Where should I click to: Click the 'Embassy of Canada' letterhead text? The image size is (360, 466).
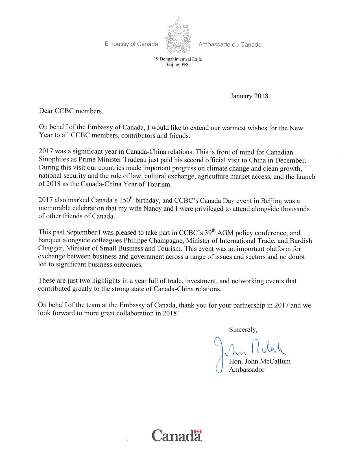(131, 44)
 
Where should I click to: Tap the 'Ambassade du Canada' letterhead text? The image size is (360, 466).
(230, 44)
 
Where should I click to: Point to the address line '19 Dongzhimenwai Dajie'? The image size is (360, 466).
(178, 59)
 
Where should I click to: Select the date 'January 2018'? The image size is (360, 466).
(249, 96)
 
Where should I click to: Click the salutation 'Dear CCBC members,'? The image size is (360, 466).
(71, 111)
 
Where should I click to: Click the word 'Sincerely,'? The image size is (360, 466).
(243, 330)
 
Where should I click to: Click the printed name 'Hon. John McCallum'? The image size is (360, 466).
(259, 362)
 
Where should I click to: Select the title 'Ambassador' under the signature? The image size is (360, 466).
(246, 370)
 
